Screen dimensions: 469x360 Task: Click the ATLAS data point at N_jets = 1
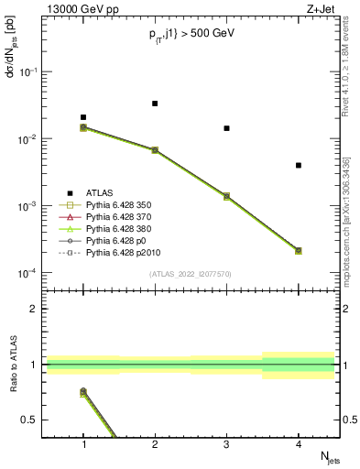[83, 117]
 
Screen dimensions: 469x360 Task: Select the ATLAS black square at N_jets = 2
[155, 104]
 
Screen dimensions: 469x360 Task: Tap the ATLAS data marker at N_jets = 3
[226, 128]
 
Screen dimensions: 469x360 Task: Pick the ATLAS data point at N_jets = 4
[299, 165]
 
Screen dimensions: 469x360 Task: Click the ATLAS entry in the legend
[100, 192]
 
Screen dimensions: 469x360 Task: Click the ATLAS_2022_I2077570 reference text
[191, 273]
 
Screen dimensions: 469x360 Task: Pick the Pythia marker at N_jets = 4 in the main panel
[299, 250]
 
